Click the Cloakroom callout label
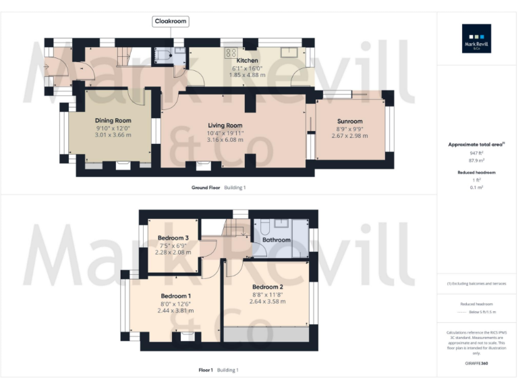(171, 22)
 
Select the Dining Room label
(113, 120)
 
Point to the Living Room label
(225, 126)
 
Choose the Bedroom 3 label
(173, 238)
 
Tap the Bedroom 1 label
(175, 296)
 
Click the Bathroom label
(277, 240)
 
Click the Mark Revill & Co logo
(476, 38)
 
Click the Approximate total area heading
(476, 145)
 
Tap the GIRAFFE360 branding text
(476, 364)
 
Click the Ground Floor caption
(206, 187)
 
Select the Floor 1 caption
(206, 370)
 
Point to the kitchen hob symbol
(231, 52)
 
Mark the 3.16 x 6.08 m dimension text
(225, 140)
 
